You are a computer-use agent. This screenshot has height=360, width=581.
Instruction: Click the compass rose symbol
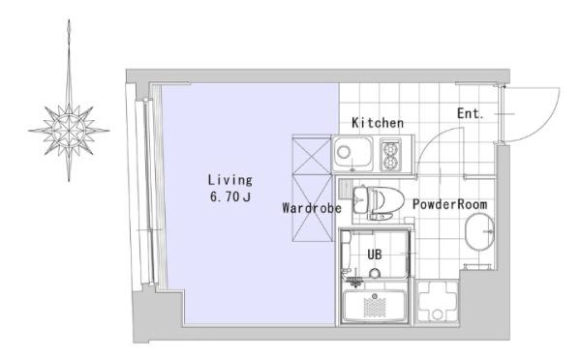point(69,130)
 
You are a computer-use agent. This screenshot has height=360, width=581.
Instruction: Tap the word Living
point(230,180)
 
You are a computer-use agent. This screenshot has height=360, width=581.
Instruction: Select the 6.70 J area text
point(230,196)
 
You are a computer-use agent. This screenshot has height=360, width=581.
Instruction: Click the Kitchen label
point(378,123)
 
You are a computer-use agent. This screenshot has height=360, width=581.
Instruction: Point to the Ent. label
point(471,113)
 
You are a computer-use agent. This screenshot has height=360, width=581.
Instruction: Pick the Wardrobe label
point(312,208)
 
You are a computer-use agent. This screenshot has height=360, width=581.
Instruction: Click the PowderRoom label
point(450,204)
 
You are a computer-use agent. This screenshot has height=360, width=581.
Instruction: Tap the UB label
point(374,255)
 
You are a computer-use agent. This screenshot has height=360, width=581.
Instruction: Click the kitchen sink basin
point(352,153)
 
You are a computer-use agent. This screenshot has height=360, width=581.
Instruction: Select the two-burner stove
point(390,154)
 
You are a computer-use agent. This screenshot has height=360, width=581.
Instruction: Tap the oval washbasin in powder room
point(480,232)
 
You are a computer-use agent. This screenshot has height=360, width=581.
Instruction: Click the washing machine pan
point(438,302)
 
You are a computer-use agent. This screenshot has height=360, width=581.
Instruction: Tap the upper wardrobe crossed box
point(312,155)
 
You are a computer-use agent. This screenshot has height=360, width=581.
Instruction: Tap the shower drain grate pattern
point(375,308)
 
